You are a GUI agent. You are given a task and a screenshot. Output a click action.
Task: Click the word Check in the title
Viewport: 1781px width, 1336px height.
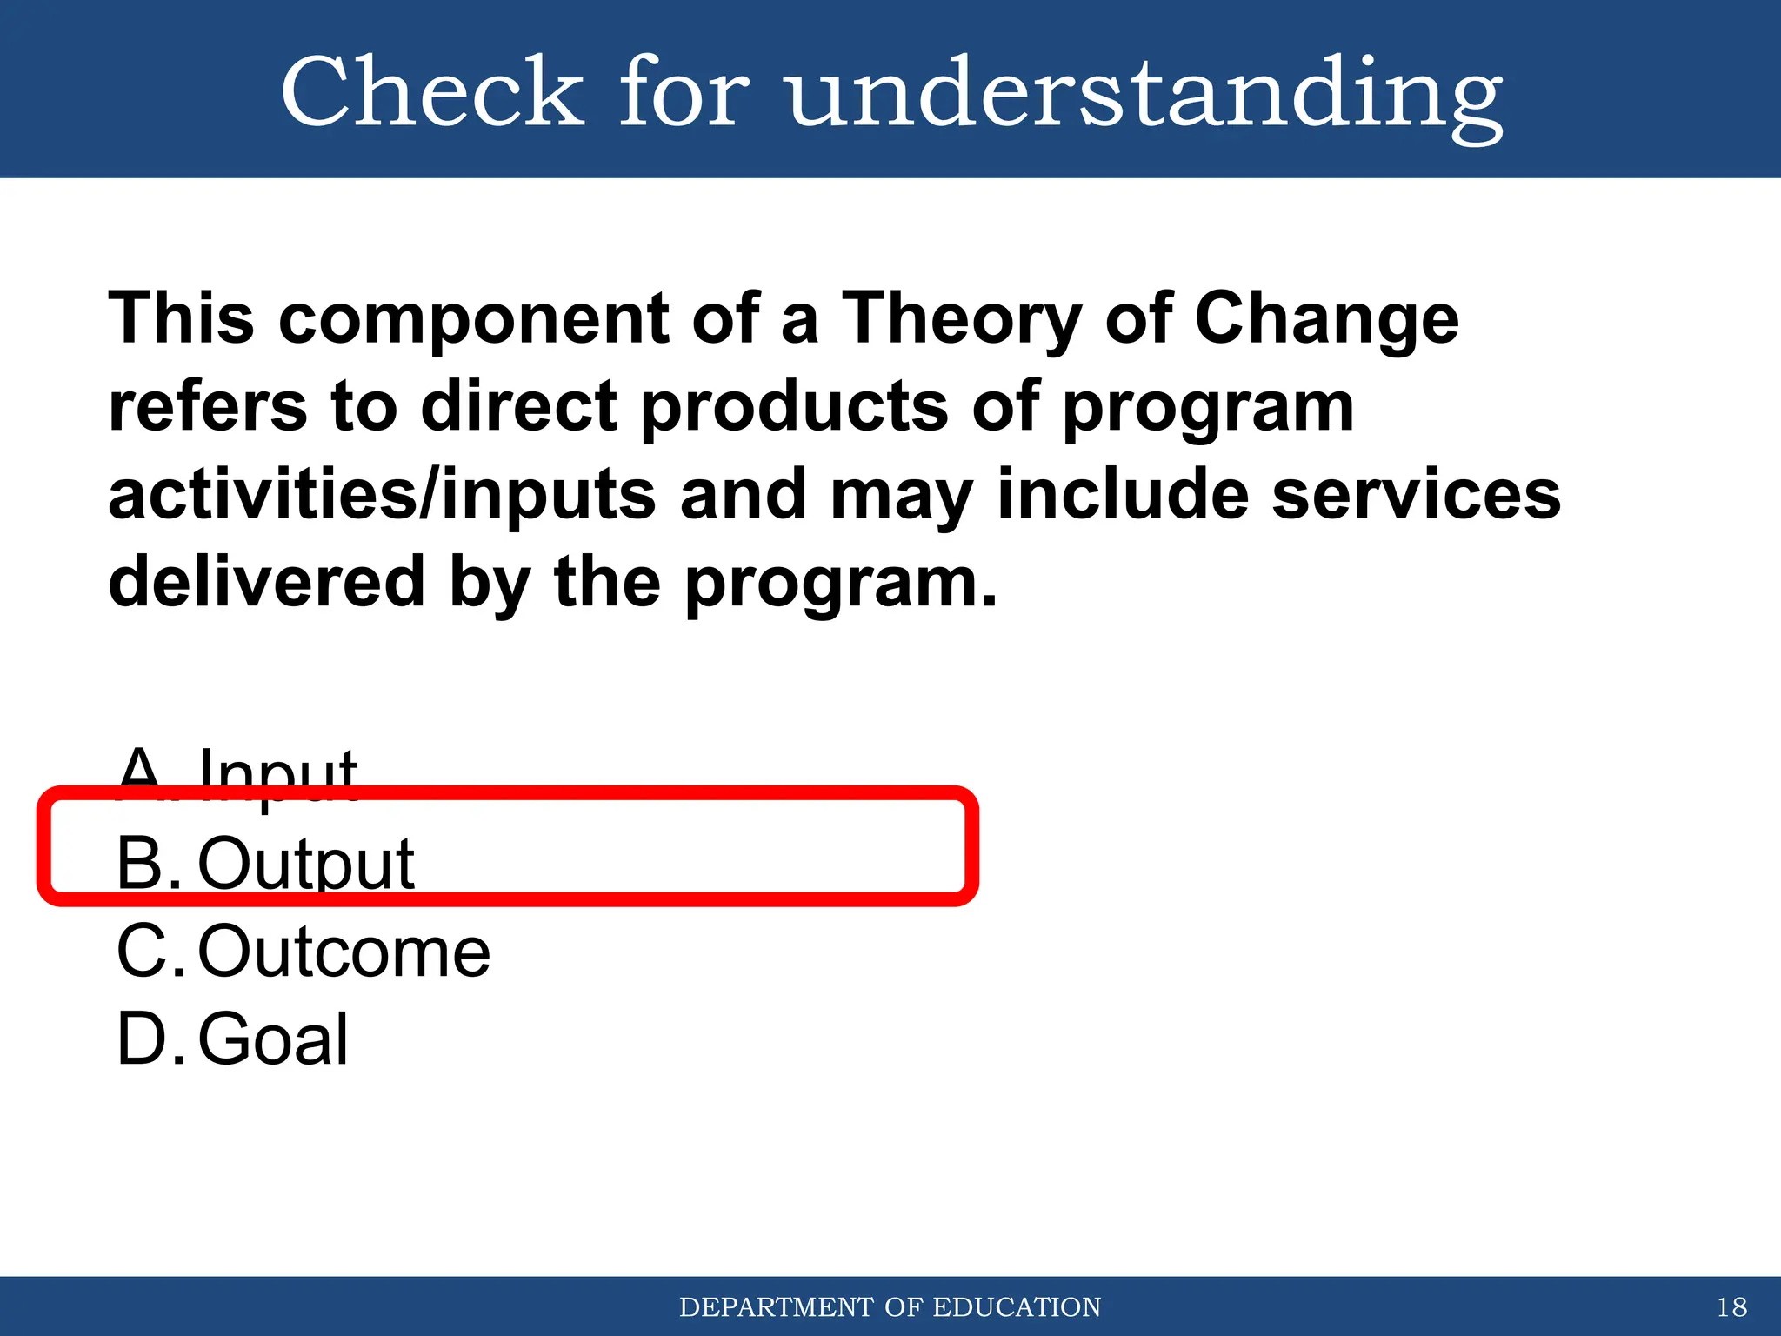pos(431,91)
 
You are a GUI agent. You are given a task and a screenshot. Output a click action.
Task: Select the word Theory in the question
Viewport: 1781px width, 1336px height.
pos(961,318)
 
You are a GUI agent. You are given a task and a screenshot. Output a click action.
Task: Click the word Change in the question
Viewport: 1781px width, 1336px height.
pos(1326,318)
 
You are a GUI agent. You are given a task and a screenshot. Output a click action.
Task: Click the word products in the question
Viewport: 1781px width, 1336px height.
pos(794,406)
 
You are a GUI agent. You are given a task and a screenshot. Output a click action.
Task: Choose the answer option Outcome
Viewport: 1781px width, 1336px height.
pos(344,952)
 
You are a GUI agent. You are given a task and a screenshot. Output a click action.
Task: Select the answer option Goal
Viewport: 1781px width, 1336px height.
pos(273,1039)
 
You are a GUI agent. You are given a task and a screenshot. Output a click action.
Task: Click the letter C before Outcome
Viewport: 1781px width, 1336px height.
pos(141,952)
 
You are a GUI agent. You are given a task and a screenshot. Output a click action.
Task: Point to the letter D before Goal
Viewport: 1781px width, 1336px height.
pos(141,1039)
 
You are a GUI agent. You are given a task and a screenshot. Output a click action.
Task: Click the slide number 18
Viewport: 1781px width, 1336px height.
pos(1731,1307)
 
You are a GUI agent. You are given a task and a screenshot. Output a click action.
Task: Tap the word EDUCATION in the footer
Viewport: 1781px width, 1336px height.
pos(1016,1307)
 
